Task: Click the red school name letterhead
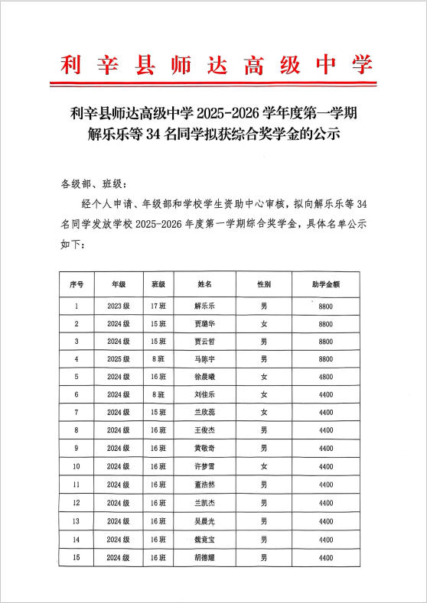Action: (213, 64)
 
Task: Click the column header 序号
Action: (77, 284)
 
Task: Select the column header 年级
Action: (119, 284)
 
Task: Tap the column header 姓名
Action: (204, 284)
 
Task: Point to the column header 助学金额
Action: (325, 284)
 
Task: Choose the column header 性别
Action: (264, 284)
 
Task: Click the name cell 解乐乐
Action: (204, 306)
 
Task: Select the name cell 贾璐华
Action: (204, 323)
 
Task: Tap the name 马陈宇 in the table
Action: (204, 358)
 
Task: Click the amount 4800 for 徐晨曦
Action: (325, 376)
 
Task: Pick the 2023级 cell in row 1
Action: (119, 306)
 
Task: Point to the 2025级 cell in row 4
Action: (119, 358)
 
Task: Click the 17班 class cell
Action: (158, 306)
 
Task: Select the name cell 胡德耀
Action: (204, 558)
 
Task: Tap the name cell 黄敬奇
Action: (204, 448)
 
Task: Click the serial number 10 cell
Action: (77, 466)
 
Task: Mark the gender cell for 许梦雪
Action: (264, 466)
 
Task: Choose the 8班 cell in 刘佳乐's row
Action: (158, 394)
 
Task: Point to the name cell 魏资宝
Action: (204, 540)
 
